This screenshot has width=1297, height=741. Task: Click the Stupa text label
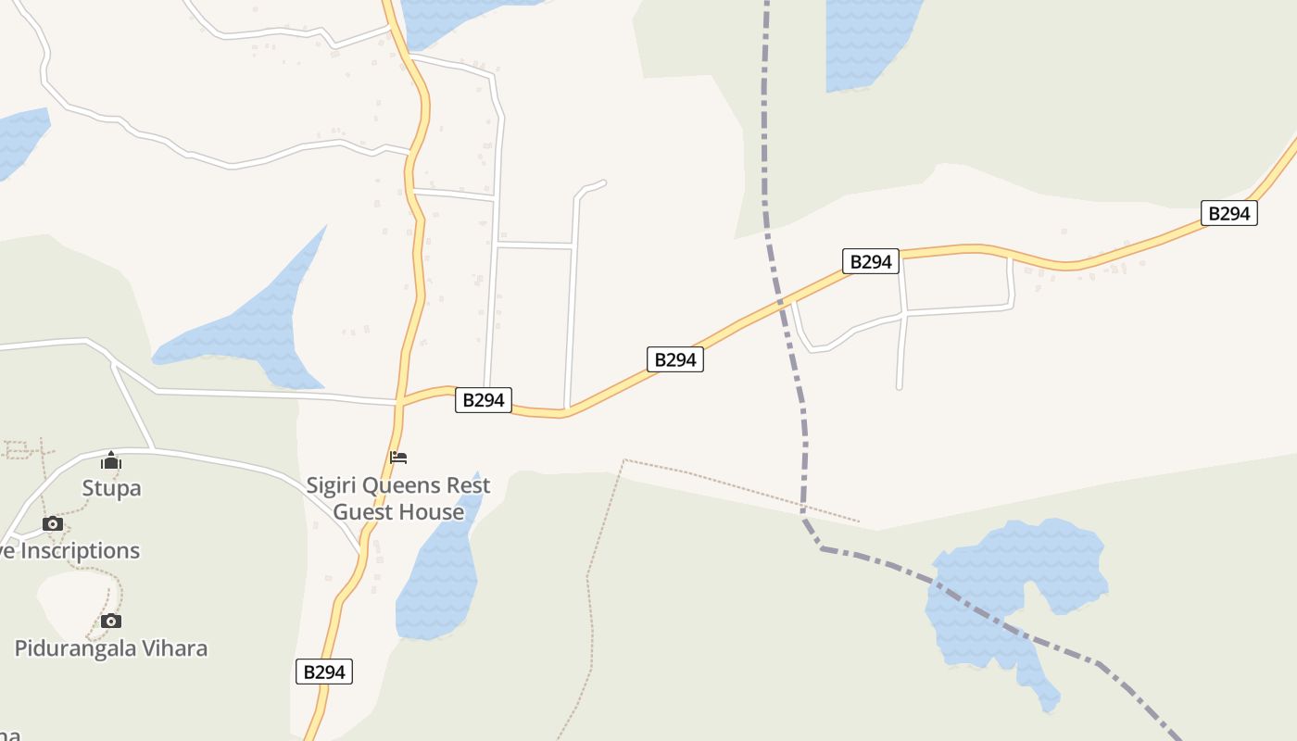(x=111, y=488)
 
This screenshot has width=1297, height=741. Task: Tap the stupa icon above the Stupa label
(x=111, y=460)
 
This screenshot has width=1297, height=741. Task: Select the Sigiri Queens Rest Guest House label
(x=398, y=498)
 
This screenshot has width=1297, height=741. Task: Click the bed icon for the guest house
(x=398, y=458)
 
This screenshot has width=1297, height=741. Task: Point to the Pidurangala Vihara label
(x=111, y=648)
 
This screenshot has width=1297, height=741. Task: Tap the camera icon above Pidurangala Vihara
(x=111, y=621)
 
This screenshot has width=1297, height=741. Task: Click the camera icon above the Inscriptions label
(x=53, y=524)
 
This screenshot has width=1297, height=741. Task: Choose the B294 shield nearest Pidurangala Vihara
(x=324, y=672)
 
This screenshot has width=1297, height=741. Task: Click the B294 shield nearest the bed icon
(x=484, y=400)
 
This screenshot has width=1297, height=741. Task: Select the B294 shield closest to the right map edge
(x=1229, y=213)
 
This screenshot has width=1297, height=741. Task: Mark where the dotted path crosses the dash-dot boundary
(x=803, y=507)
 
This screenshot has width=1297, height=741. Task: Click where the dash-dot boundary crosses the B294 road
(x=782, y=301)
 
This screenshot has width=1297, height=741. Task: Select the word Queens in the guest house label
(x=402, y=485)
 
